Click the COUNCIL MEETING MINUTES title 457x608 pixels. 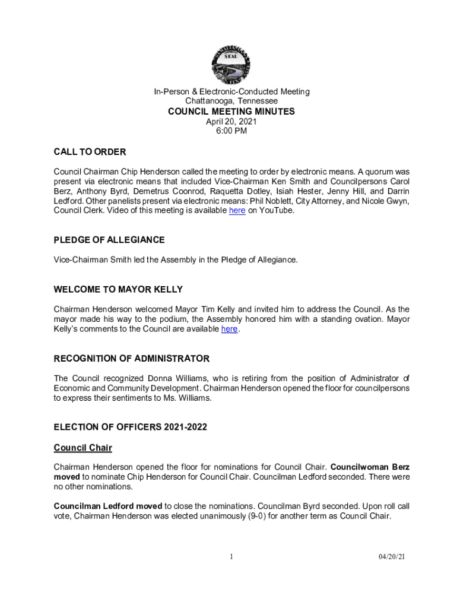pos(231,112)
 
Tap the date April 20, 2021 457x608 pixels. pos(231,122)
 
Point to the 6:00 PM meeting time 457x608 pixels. pos(231,131)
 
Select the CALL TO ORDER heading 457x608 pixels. pos(90,152)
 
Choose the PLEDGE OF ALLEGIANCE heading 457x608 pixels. pos(109,240)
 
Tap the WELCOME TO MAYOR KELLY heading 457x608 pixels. pos(118,289)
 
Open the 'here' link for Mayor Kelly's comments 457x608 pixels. pos(229,329)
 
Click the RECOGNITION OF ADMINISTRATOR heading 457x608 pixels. pos(131,359)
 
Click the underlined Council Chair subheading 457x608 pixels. pos(82,447)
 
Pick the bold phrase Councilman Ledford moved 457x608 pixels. pos(107,506)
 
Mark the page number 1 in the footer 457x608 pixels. pos(231,556)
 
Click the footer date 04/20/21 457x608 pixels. pos(392,556)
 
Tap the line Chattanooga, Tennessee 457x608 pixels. pos(231,101)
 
